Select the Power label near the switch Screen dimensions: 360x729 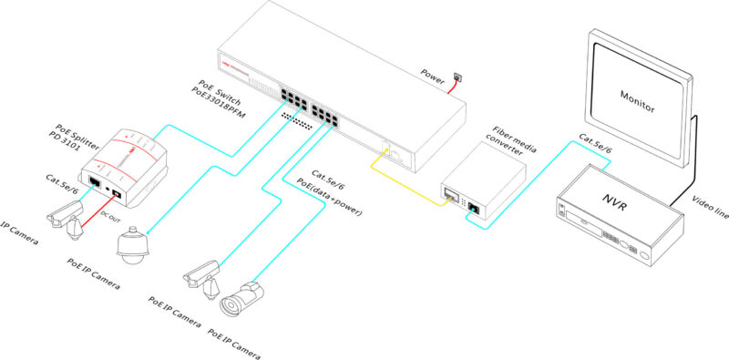(436, 72)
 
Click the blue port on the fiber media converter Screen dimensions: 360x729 (474, 207)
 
